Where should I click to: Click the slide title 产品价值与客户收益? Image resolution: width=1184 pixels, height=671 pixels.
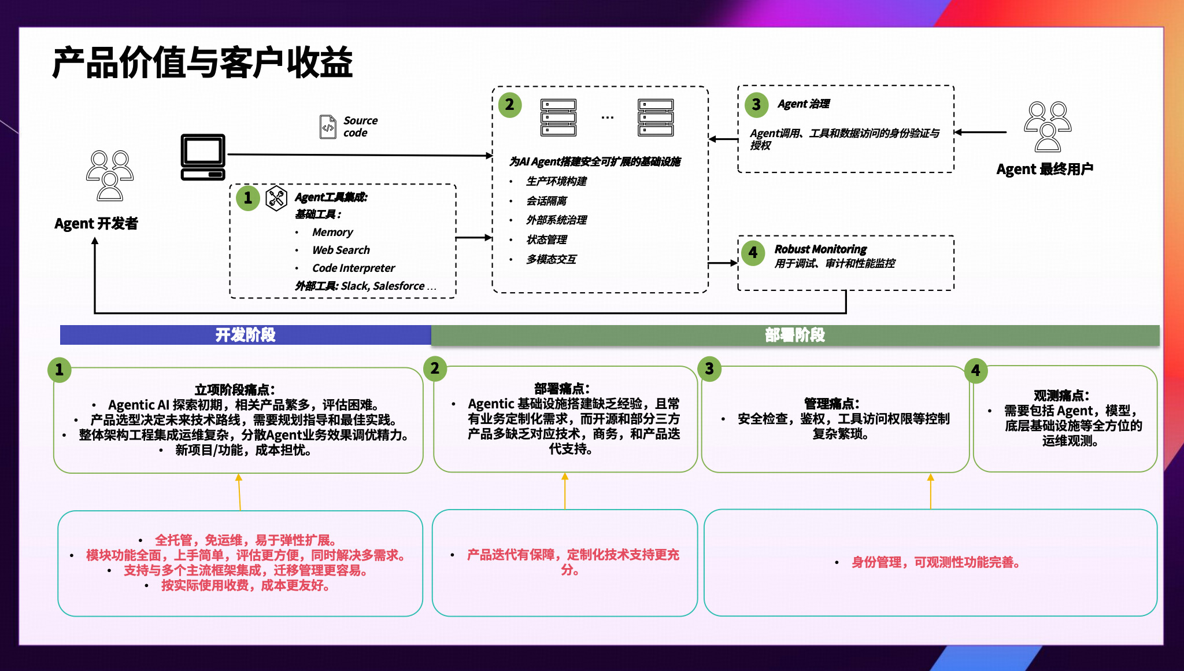pos(202,62)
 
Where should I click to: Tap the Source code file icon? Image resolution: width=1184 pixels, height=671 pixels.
pos(328,127)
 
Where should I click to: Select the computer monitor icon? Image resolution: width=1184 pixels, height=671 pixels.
pos(203,157)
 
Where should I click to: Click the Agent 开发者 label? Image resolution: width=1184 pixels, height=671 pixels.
pos(96,223)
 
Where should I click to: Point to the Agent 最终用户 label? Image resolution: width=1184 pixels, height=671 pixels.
pos(1044,169)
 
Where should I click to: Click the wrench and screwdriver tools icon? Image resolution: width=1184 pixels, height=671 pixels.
pos(276,198)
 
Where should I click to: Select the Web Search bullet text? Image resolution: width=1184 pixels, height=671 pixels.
pos(341,250)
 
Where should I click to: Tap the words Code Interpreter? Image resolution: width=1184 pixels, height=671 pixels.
pos(353,268)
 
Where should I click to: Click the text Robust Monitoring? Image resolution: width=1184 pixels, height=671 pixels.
pos(820,249)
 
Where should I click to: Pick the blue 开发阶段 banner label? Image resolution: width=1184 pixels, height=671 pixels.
pos(245,335)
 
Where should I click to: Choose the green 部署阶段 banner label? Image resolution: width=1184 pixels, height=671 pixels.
pos(794,335)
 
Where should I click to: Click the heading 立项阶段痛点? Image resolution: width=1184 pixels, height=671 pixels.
pos(235,389)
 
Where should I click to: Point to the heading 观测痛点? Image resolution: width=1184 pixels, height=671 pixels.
pos(1061,395)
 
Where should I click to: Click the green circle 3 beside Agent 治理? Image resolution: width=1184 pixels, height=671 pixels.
pos(756,104)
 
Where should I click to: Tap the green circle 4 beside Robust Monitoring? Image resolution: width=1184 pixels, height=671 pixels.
pos(753,252)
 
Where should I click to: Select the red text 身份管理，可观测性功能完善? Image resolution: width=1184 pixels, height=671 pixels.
pos(935,562)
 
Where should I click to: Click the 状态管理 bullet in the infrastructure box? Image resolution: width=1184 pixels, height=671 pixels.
pos(546,239)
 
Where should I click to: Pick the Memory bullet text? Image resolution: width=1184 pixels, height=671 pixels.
pos(332,232)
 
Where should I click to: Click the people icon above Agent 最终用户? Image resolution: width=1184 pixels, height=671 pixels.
pos(1047,127)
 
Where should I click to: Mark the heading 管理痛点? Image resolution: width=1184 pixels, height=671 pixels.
pos(831,403)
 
